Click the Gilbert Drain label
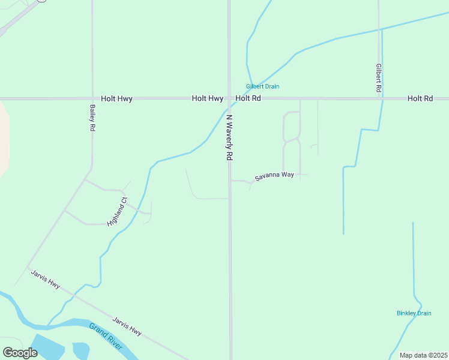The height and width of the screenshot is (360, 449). coord(262,86)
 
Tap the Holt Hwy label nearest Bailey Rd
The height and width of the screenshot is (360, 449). coord(116,98)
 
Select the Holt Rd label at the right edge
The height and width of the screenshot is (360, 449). coord(420,98)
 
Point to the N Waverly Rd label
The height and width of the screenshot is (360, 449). coord(229,137)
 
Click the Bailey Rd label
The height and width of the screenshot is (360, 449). coord(92,118)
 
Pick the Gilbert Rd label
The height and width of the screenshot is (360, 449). coord(379,77)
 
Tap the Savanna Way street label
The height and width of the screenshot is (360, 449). coord(274,176)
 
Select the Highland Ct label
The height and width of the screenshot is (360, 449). coord(117,211)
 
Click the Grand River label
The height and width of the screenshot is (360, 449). coord(106,337)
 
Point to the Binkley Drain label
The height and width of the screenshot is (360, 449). coord(414,313)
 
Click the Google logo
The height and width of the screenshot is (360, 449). coord(20,352)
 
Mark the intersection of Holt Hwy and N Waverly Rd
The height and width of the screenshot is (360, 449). coord(229,98)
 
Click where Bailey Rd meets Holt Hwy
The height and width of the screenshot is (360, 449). coord(92,98)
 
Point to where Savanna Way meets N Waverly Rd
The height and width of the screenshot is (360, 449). coord(230,181)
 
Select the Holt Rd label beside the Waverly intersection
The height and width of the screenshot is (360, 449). coord(248,98)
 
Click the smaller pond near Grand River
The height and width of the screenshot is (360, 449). coord(80,350)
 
